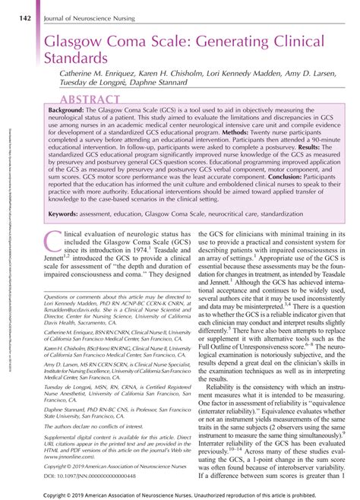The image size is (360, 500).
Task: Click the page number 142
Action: click(x=24, y=9)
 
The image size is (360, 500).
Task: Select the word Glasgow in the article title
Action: click(x=75, y=36)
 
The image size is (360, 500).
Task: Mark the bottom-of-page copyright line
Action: click(x=180, y=493)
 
